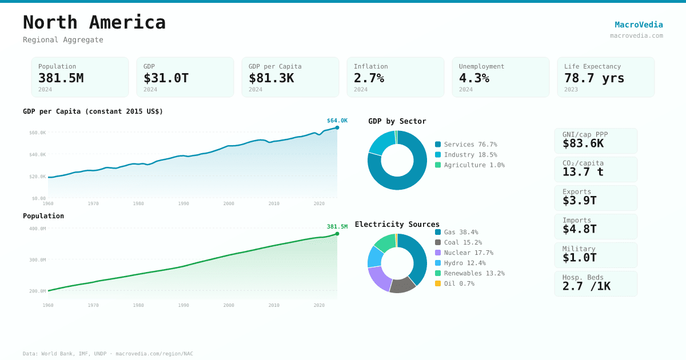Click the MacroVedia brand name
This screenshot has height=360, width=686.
[x=639, y=25]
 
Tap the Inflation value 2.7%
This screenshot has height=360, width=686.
[x=369, y=78]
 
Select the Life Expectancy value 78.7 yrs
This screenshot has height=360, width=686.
[x=594, y=78]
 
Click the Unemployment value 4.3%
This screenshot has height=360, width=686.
[x=474, y=78]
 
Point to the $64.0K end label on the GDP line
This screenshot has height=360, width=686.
[x=337, y=121]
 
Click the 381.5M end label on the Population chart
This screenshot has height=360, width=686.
[x=337, y=227]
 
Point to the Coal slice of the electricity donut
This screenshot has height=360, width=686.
[x=403, y=285]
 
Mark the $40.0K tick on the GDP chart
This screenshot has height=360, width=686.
[x=38, y=154]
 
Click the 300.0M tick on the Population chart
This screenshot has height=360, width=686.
[x=38, y=260]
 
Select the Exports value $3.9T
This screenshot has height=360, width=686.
[x=579, y=201]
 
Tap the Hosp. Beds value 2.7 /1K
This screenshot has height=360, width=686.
[x=586, y=286]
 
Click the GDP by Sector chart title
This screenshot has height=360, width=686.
[x=397, y=121]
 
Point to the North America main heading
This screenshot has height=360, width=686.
[x=94, y=22]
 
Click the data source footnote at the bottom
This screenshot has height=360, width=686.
[x=108, y=354]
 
